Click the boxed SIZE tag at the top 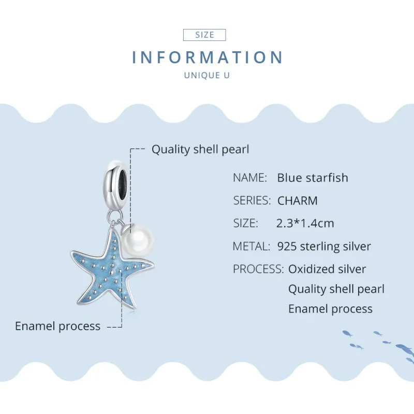click(x=205, y=35)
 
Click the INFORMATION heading click(x=207, y=57)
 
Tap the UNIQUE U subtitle click(x=207, y=76)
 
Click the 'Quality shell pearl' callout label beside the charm click(x=200, y=150)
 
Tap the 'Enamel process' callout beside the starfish click(x=57, y=326)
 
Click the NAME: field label click(x=250, y=178)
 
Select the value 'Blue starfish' click(x=313, y=178)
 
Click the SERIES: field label click(x=252, y=200)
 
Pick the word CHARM click(x=298, y=200)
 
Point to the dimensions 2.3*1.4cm click(x=305, y=223)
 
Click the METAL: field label click(x=251, y=246)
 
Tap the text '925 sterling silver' click(x=324, y=246)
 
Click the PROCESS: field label click(x=258, y=269)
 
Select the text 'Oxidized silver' click(x=327, y=269)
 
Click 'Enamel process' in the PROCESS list click(x=330, y=309)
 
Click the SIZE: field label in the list click(x=245, y=223)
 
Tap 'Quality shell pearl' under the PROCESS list click(x=336, y=289)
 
